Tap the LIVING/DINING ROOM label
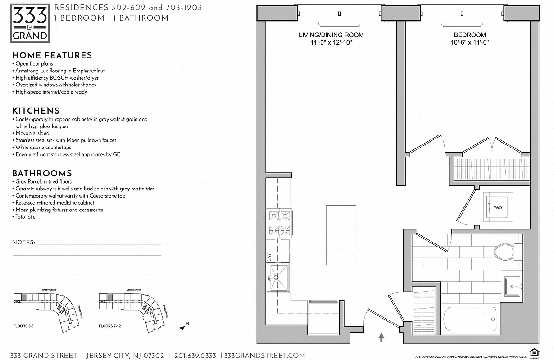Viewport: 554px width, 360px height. pyautogui.click(x=331, y=35)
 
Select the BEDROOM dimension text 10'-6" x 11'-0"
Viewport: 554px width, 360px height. pyautogui.click(x=469, y=42)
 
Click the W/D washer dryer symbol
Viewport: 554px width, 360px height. pyautogui.click(x=498, y=207)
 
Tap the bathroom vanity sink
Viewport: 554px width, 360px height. pyautogui.click(x=513, y=285)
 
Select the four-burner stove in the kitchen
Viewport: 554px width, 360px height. pyautogui.click(x=279, y=224)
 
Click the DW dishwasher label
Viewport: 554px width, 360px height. pyautogui.click(x=269, y=257)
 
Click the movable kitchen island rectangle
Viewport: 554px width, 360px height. pyautogui.click(x=341, y=235)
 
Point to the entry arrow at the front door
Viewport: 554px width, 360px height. pyautogui.click(x=381, y=337)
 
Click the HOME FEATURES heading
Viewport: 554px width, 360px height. pyautogui.click(x=52, y=55)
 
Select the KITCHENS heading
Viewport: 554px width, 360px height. pyautogui.click(x=36, y=111)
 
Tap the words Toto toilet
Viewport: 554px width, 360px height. pyautogui.click(x=26, y=217)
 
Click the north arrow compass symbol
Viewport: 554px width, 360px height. pyautogui.click(x=184, y=327)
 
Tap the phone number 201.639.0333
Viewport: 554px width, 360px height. pyautogui.click(x=195, y=355)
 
